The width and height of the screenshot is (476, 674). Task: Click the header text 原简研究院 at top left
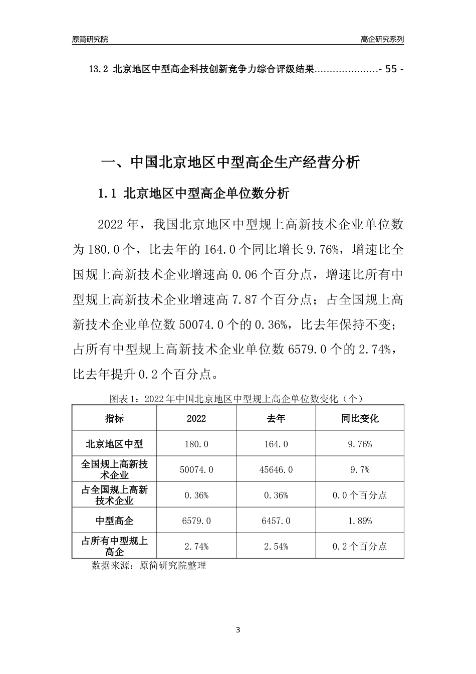pyautogui.click(x=90, y=39)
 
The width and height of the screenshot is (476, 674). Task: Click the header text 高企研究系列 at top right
pyautogui.click(x=382, y=39)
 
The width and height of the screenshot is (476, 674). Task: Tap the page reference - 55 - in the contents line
pyautogui.click(x=391, y=70)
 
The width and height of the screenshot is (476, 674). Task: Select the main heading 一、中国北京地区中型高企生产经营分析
pyautogui.click(x=231, y=162)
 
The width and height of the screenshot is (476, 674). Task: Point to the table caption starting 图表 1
pyautogui.click(x=236, y=399)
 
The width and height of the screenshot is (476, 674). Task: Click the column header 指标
pyautogui.click(x=114, y=418)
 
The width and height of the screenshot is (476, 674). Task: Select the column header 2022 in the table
pyautogui.click(x=196, y=418)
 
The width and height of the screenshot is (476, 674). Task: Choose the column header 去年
pyautogui.click(x=276, y=418)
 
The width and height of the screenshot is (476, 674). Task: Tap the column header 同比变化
pyautogui.click(x=360, y=418)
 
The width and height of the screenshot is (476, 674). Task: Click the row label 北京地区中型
pyautogui.click(x=114, y=444)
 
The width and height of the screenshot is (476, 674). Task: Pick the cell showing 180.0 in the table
pyautogui.click(x=196, y=444)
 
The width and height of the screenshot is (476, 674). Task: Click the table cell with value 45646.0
pyautogui.click(x=276, y=470)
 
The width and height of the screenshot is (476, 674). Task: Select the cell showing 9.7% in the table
pyautogui.click(x=360, y=470)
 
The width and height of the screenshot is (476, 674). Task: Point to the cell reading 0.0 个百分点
pyautogui.click(x=360, y=495)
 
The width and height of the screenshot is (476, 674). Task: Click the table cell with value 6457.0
pyautogui.click(x=276, y=521)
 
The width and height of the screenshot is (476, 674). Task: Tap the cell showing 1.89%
pyautogui.click(x=360, y=521)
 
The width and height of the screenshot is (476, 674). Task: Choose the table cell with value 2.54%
pyautogui.click(x=276, y=547)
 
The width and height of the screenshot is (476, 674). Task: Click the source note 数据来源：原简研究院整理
pyautogui.click(x=149, y=566)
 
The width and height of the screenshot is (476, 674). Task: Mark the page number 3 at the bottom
pyautogui.click(x=238, y=630)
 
